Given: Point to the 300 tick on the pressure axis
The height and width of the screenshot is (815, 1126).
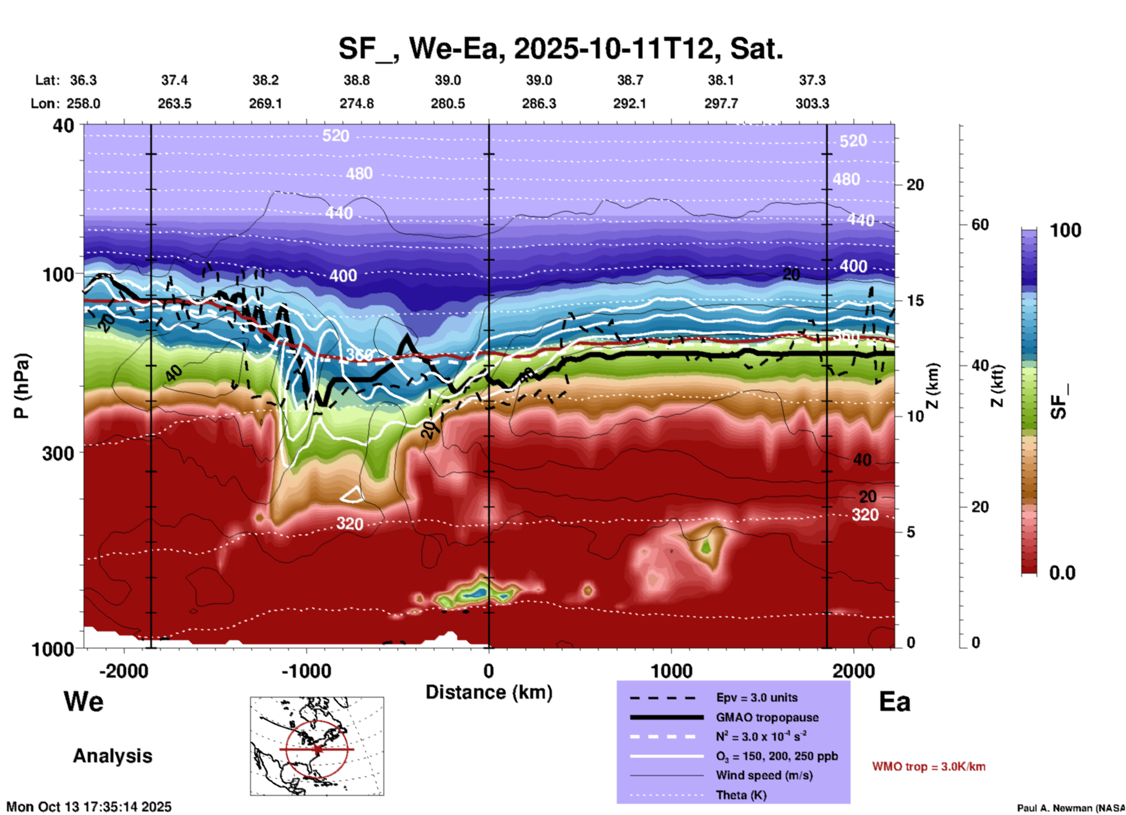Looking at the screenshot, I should (58, 453).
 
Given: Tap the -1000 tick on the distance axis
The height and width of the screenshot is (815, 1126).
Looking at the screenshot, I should (306, 671).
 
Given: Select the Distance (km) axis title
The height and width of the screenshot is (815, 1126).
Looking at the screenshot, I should (489, 692).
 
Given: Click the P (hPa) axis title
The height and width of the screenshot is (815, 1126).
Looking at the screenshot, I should (22, 386).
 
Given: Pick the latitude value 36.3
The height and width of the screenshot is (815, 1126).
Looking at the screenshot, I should (83, 80).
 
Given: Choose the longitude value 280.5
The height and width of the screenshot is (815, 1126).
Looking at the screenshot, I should (448, 103).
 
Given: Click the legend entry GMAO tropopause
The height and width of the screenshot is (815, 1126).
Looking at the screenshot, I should (767, 717).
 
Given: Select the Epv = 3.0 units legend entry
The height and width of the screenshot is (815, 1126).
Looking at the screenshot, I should (757, 697).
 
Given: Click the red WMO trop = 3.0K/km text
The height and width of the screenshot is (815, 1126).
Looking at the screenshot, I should (928, 766).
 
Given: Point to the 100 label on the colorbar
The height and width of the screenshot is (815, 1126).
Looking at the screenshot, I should (1065, 230).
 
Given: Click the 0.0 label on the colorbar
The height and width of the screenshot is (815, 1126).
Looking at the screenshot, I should (1062, 573).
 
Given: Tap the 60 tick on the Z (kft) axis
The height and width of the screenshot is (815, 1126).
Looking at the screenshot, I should (980, 225).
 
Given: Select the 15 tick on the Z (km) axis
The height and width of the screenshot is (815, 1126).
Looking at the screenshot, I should (915, 301).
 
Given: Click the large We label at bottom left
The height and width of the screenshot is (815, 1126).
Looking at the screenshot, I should (84, 701).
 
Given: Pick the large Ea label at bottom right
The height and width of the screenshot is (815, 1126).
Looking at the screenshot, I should (894, 702).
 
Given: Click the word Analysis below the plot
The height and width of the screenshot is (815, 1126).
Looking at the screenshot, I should (112, 756).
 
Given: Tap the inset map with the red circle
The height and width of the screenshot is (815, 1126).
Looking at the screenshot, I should (317, 746).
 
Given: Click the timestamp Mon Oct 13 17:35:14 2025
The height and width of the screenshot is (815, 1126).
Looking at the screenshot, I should (89, 807).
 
